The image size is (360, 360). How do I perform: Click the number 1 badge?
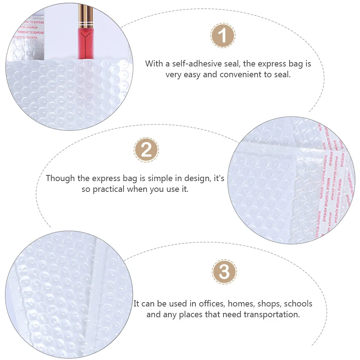coord(223,36)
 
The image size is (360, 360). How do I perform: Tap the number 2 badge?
coord(146,149)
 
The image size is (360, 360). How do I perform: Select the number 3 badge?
coord(224,272)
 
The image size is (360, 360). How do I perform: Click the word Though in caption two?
coord(60,178)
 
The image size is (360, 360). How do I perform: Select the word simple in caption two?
coord(158,178)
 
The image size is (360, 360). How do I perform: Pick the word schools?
coord(298,304)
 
